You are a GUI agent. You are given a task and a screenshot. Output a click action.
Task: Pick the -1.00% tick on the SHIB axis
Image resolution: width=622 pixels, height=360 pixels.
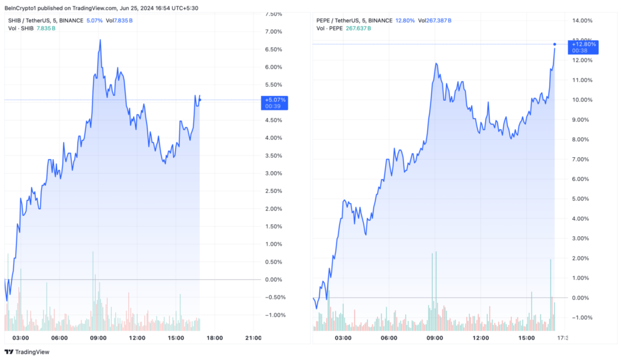point(275,315)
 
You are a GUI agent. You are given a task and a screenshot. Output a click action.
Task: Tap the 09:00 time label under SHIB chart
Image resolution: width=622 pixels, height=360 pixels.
point(98,338)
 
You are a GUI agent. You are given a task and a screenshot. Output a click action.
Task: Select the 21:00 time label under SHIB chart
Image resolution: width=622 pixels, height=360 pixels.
point(253,338)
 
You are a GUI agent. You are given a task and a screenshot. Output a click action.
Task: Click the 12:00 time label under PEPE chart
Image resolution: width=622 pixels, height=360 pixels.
point(480,338)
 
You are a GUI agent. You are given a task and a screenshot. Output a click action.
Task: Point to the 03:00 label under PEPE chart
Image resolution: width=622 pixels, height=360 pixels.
point(343,338)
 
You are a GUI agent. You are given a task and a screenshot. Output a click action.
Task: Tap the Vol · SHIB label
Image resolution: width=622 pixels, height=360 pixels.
point(22,28)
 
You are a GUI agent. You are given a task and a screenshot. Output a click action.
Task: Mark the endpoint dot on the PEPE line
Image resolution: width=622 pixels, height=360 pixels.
point(555,44)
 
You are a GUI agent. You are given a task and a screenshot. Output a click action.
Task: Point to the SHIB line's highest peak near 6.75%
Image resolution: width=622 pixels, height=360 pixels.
point(100,40)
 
